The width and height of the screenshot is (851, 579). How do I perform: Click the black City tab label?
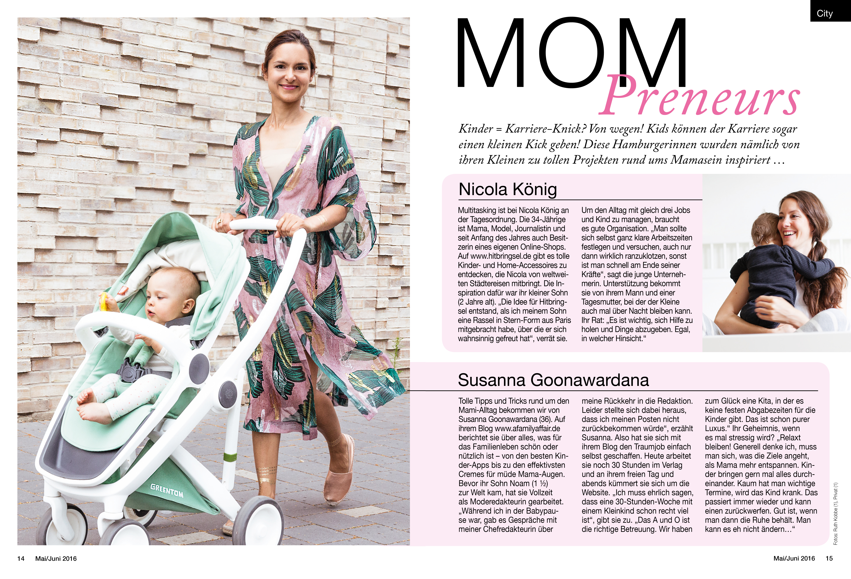[825, 14]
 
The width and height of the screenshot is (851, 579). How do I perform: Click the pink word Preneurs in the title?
[699, 96]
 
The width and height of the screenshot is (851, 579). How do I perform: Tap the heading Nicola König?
[508, 189]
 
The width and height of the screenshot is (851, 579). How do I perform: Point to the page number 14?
[21, 558]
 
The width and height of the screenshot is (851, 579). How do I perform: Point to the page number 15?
[829, 558]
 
